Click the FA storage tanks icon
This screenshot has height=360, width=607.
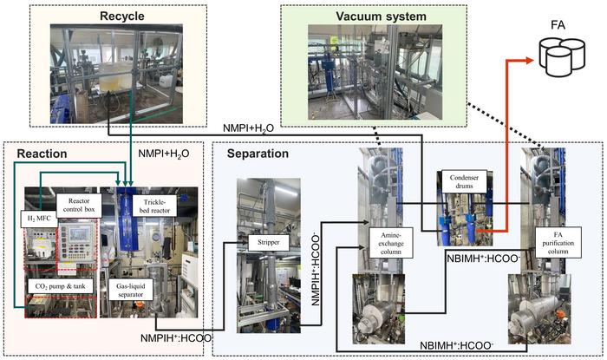(558, 56)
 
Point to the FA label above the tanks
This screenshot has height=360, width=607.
(558, 14)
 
